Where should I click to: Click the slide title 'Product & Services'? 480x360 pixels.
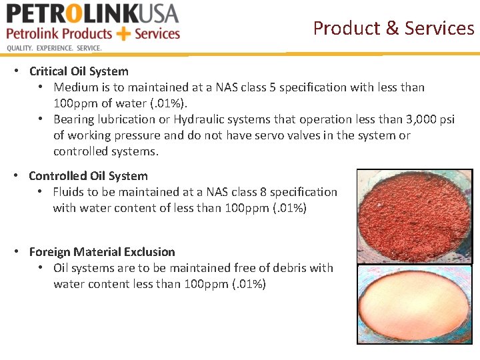point(393,29)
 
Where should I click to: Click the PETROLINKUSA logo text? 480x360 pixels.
point(93,13)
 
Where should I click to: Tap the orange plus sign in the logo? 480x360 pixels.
point(123,34)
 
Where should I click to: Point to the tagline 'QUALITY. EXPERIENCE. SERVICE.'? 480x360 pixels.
point(54,48)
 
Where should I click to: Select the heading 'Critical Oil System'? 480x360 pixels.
point(79,71)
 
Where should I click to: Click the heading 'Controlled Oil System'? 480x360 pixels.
point(88,176)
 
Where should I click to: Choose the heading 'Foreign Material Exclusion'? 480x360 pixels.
point(102,252)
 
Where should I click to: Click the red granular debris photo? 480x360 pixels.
point(414,215)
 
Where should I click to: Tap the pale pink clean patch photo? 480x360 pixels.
point(414,304)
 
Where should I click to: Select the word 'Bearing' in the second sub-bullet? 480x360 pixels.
point(74,119)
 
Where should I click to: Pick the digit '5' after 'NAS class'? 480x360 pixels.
point(283,87)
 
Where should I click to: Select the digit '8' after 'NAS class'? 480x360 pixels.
point(263,192)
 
